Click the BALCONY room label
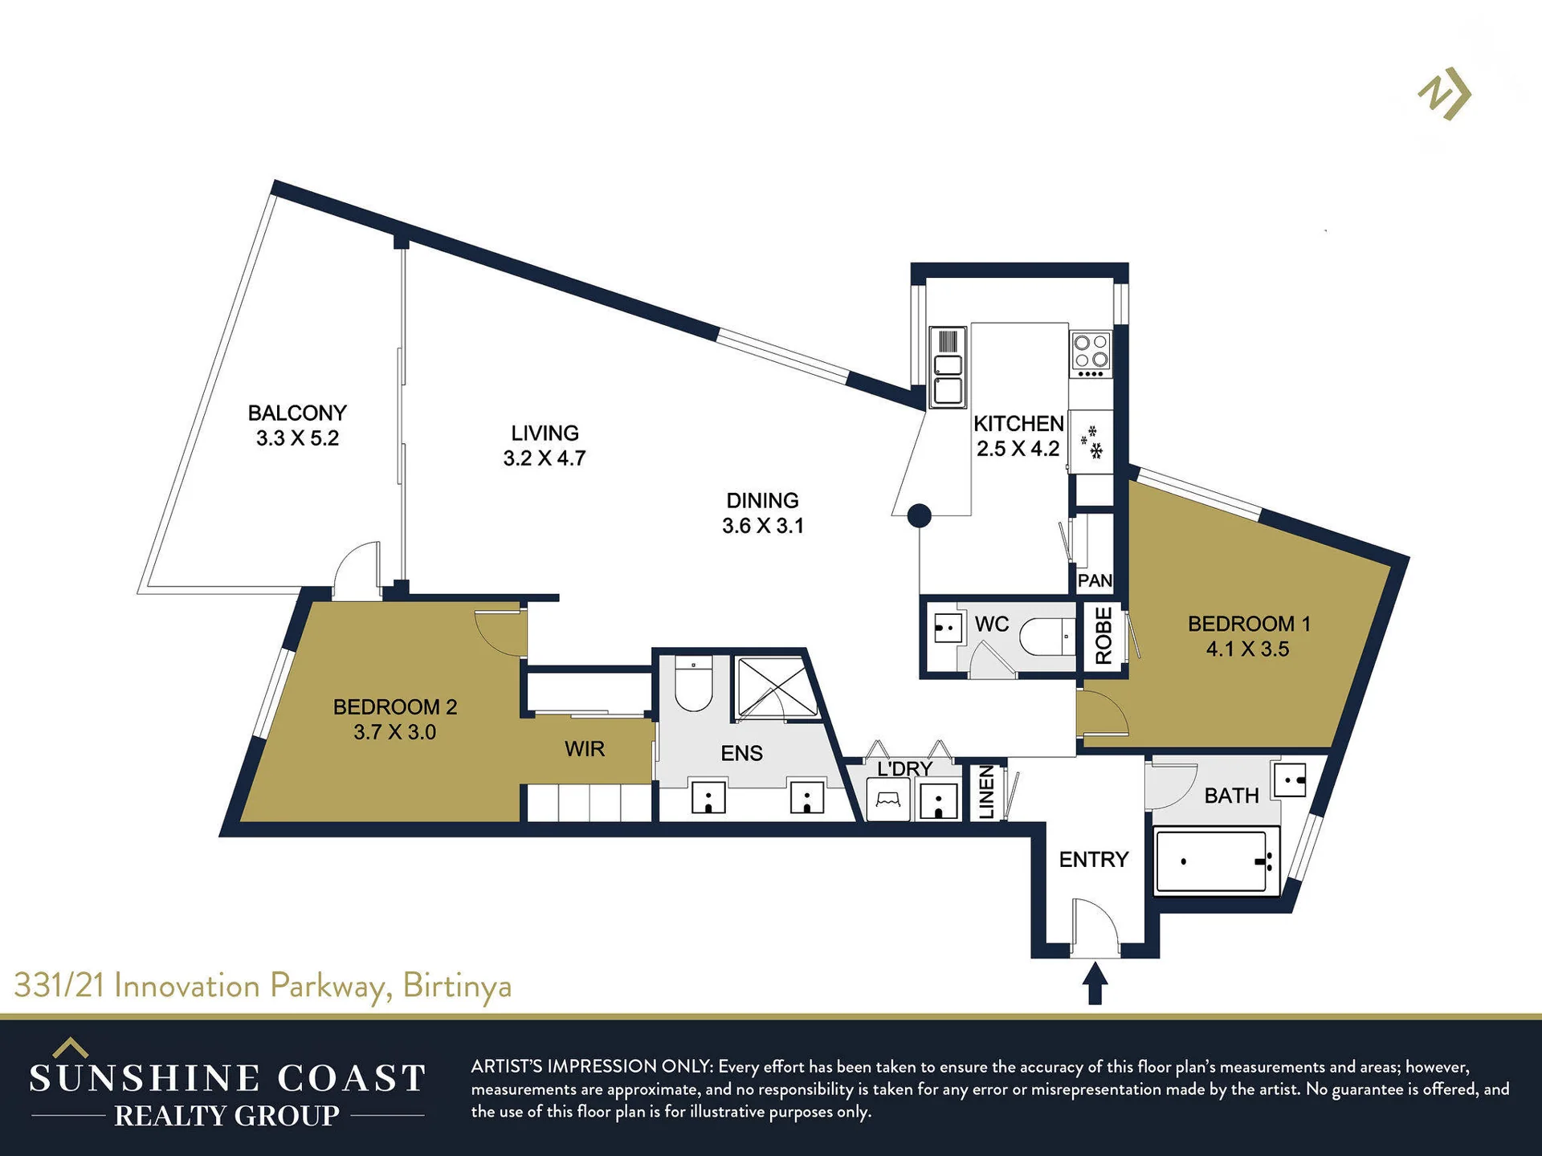[x=297, y=413]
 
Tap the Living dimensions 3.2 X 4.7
[x=545, y=458]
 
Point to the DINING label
[x=762, y=500]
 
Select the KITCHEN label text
[x=1018, y=423]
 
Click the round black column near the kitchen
[x=920, y=515]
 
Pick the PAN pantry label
[x=1095, y=580]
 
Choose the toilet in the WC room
[x=1047, y=637]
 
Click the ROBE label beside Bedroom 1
[x=1103, y=636]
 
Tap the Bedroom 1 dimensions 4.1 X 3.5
[x=1247, y=649]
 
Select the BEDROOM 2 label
[x=395, y=706]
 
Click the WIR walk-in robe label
[x=584, y=749]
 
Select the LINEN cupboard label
[x=987, y=792]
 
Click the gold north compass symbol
[x=1445, y=93]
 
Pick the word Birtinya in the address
[x=457, y=986]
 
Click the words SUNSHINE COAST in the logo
[x=227, y=1078]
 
